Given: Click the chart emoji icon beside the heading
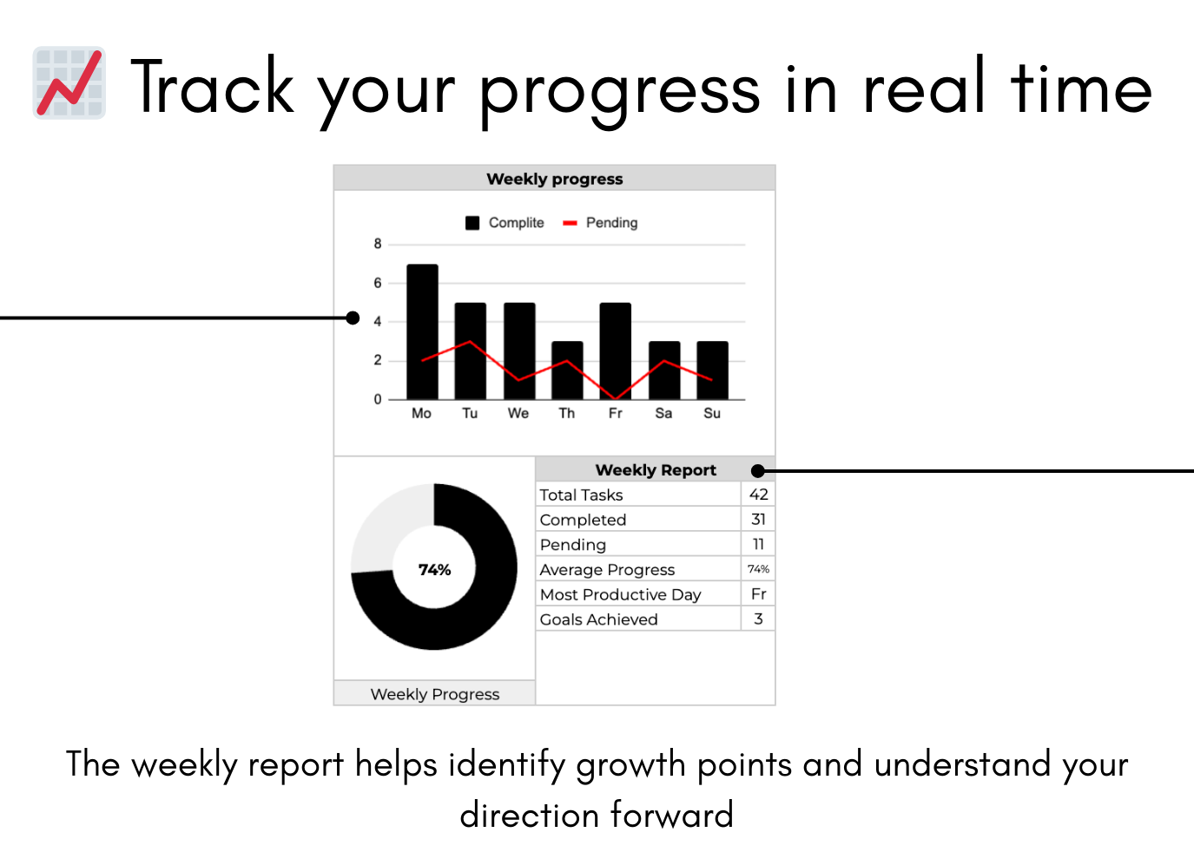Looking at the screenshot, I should point(69,83).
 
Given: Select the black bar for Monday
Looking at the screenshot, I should point(422,331).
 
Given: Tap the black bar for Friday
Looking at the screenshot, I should point(615,351).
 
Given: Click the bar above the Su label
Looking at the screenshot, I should point(712,370).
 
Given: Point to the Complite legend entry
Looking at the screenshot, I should point(505,223).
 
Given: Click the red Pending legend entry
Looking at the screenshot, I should point(601,223).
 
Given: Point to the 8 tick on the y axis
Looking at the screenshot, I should point(378,244).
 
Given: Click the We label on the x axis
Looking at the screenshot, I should point(518,413).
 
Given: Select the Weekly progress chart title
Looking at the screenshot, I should point(554,179).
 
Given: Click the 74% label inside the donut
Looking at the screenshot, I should point(434,570).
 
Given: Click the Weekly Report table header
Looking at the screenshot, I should point(655,470).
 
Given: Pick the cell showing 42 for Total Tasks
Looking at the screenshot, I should point(758,495).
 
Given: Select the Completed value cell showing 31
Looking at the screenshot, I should point(758,520).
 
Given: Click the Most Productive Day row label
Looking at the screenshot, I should point(620,594).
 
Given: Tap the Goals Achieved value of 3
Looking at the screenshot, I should point(758,619).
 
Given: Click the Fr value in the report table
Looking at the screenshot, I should point(758,594).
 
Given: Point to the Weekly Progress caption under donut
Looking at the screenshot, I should point(434,694).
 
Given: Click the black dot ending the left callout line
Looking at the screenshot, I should point(353,318).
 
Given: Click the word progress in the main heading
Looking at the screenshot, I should point(619,91).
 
